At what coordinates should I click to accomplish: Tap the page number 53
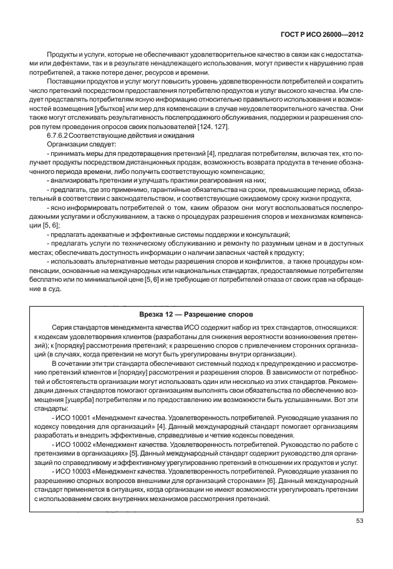pyautogui.click(x=358, y=522)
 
